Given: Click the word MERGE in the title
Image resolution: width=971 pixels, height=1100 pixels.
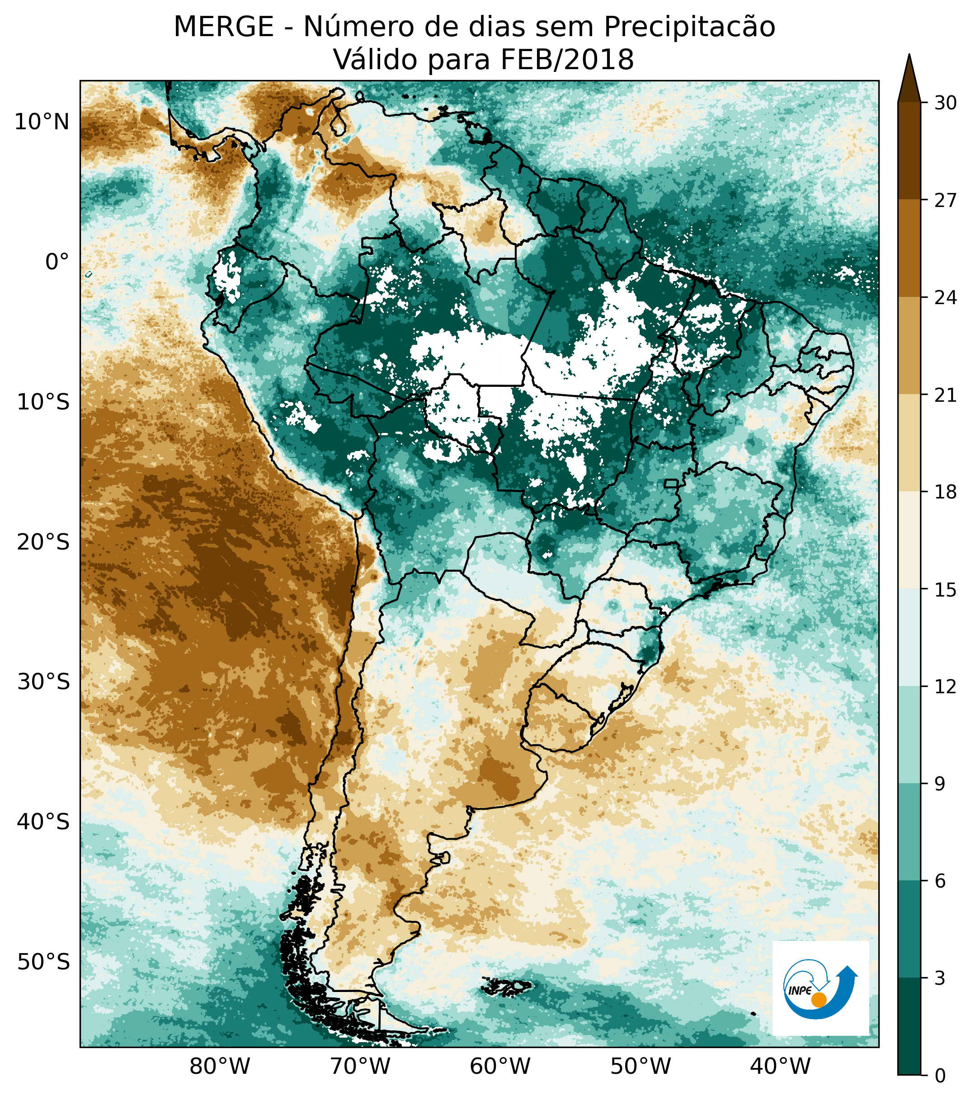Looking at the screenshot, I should (223, 27).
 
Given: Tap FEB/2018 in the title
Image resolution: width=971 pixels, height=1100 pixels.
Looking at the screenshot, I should (567, 60).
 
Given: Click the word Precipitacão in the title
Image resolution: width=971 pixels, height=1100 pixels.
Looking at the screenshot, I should (689, 27).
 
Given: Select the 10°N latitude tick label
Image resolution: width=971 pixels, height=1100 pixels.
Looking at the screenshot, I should (42, 123).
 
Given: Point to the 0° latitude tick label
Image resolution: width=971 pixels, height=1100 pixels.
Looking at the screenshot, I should (57, 262).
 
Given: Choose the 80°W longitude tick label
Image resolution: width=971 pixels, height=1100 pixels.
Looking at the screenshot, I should (220, 1066).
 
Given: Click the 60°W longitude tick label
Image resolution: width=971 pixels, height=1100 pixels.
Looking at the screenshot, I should (500, 1066).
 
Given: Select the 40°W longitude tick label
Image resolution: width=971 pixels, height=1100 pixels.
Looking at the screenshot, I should (780, 1066).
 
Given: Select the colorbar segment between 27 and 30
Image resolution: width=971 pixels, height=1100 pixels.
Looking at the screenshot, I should (909, 150).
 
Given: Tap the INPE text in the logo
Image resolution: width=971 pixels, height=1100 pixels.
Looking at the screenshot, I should (799, 991).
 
